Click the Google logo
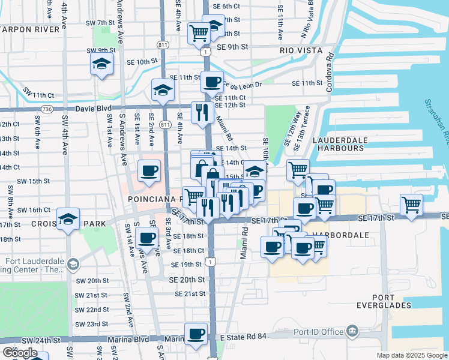tap(19, 353)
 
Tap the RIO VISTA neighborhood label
tap(301, 51)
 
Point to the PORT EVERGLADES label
tap(391, 301)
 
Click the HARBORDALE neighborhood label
tap(348, 235)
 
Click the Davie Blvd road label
tap(94, 109)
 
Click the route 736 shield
tap(48, 109)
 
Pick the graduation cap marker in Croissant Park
tap(68, 219)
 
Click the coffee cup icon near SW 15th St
tap(149, 170)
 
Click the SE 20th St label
tap(187, 280)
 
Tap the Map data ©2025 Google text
tap(411, 355)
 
